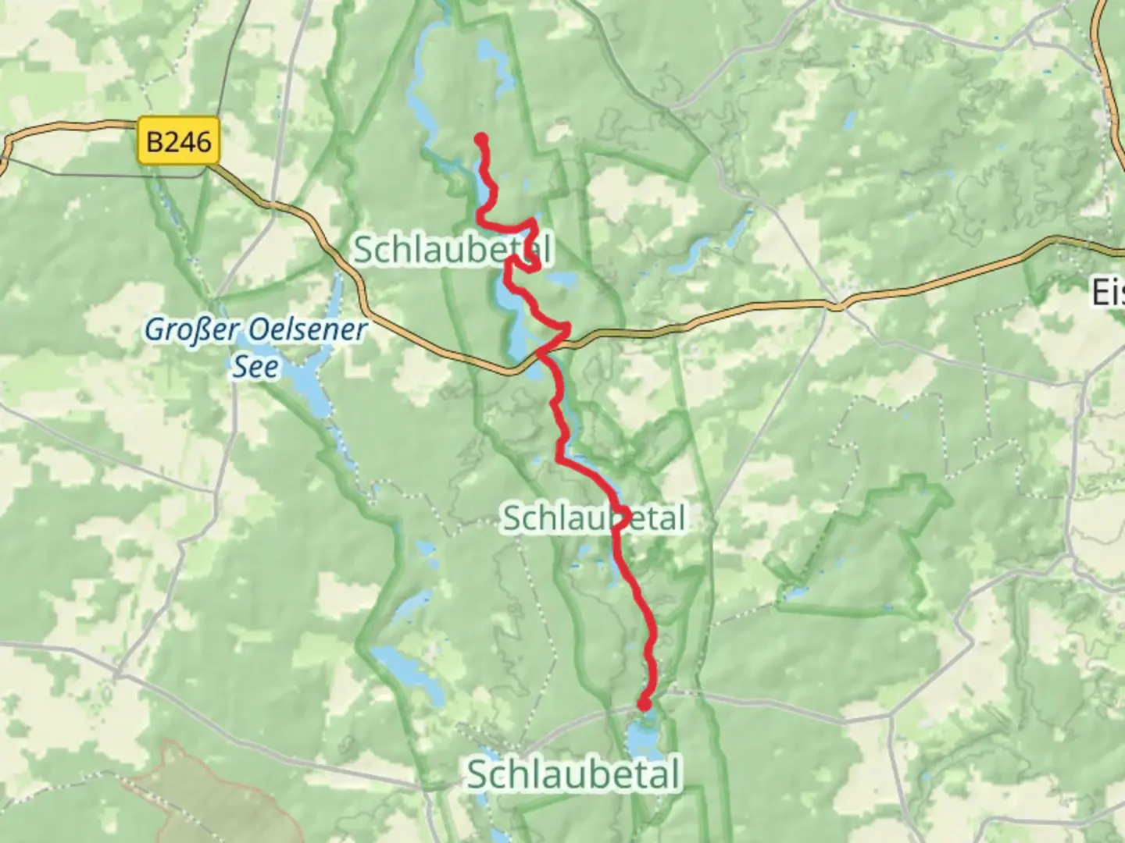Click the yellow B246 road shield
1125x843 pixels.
(x=179, y=141)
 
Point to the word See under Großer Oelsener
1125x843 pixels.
(x=255, y=366)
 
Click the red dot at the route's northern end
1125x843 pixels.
(x=481, y=140)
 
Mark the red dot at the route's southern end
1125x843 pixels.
(x=645, y=704)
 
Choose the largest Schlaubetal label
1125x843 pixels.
(x=573, y=775)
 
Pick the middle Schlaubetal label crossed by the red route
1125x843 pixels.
(x=594, y=518)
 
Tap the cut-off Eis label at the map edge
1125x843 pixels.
(x=1108, y=293)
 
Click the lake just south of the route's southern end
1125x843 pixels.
(x=642, y=738)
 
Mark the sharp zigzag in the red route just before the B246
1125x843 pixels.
(x=561, y=333)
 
